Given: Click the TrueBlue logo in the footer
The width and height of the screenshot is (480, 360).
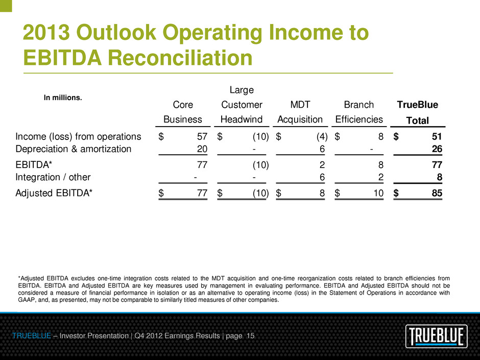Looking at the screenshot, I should (439, 337).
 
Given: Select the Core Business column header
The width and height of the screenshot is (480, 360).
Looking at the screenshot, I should (183, 112).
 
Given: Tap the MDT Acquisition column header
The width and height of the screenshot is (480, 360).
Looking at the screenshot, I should (300, 112).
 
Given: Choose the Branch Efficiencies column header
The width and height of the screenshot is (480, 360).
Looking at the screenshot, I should (359, 112).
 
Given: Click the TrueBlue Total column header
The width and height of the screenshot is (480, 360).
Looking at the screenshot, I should (418, 112).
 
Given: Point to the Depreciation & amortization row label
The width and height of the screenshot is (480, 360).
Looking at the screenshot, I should (74, 149).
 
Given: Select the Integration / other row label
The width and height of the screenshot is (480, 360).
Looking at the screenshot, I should (53, 177).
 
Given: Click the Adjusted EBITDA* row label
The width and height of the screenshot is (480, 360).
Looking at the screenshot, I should (54, 194).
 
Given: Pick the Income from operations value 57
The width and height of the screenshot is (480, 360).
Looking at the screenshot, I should (202, 136).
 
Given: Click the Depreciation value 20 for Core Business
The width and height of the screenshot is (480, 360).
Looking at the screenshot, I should (202, 149).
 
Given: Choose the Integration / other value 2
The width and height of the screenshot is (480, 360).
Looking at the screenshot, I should (380, 177).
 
